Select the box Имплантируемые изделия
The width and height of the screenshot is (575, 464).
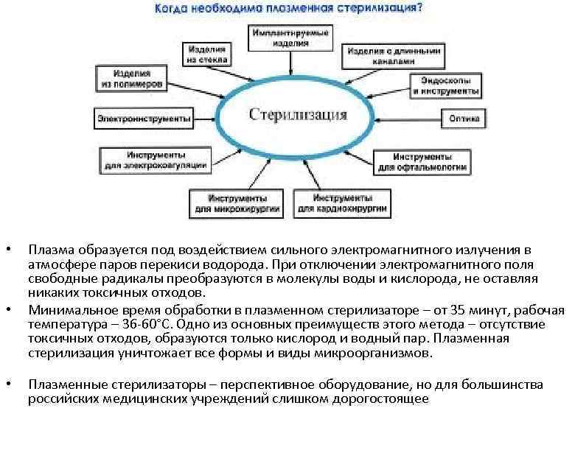(x=290, y=38)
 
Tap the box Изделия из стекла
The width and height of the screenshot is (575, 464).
(x=208, y=54)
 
